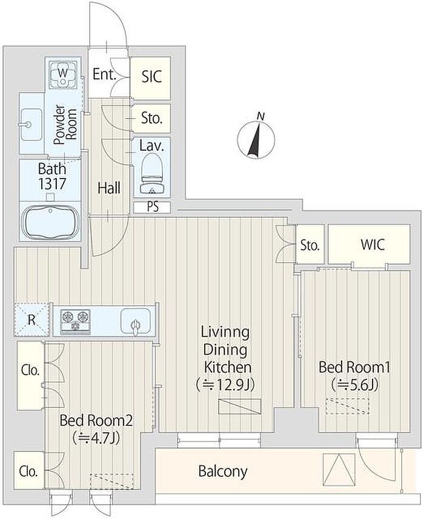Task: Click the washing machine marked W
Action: tap(63, 74)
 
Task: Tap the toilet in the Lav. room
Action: tap(152, 174)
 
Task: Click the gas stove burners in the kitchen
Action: tap(75, 320)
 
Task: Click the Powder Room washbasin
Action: tap(31, 125)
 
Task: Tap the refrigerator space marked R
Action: tap(31, 320)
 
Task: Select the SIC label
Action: tap(152, 76)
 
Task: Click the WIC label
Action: tap(373, 244)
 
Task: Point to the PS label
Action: tap(153, 207)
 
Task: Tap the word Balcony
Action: tap(222, 471)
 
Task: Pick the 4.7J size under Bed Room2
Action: tap(99, 438)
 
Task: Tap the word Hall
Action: tap(109, 188)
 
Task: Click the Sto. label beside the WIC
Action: tap(310, 245)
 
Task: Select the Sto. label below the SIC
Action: tap(152, 118)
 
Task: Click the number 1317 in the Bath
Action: tap(52, 184)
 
